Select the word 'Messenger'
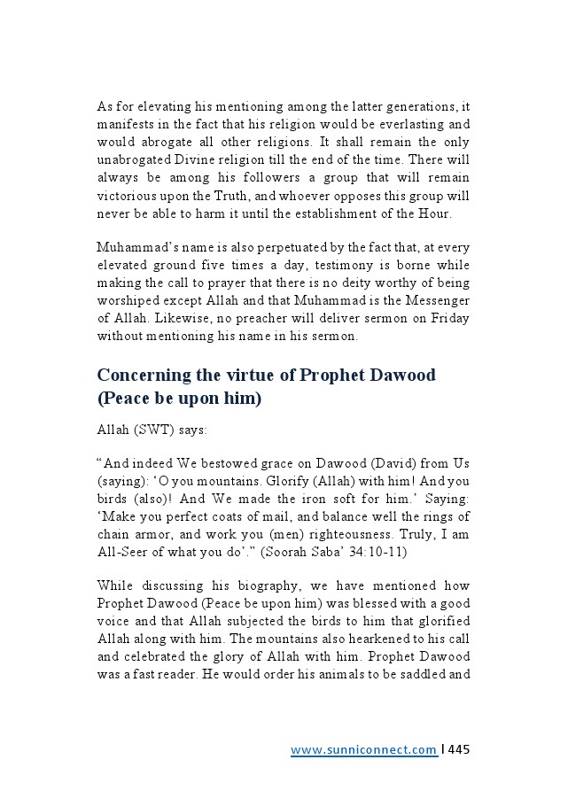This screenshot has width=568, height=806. (438, 299)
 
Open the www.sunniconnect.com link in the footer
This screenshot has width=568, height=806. (362, 750)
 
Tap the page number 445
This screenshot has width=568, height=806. (459, 749)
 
